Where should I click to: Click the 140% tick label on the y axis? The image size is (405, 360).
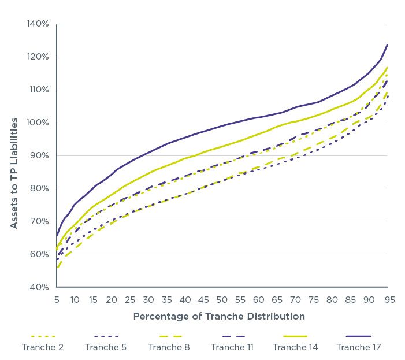[x=37, y=24]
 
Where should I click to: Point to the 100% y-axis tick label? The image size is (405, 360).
[x=37, y=123]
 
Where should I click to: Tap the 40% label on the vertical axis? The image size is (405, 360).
[x=39, y=287]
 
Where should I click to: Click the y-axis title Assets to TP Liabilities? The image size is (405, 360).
[x=14, y=173]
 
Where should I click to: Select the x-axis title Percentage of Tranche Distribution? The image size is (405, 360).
[x=220, y=317]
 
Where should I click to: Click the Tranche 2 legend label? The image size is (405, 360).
[x=43, y=347]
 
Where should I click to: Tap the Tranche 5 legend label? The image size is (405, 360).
[x=106, y=347]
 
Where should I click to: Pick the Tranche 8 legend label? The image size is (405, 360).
[x=169, y=347]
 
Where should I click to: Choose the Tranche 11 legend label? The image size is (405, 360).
[x=232, y=347]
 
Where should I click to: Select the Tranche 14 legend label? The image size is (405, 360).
[x=295, y=347]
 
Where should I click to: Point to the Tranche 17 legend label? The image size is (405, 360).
[x=358, y=347]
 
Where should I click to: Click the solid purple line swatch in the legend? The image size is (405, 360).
[x=358, y=336]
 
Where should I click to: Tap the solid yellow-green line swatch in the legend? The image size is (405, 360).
[x=295, y=336]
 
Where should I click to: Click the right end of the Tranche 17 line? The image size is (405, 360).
[x=387, y=44]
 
